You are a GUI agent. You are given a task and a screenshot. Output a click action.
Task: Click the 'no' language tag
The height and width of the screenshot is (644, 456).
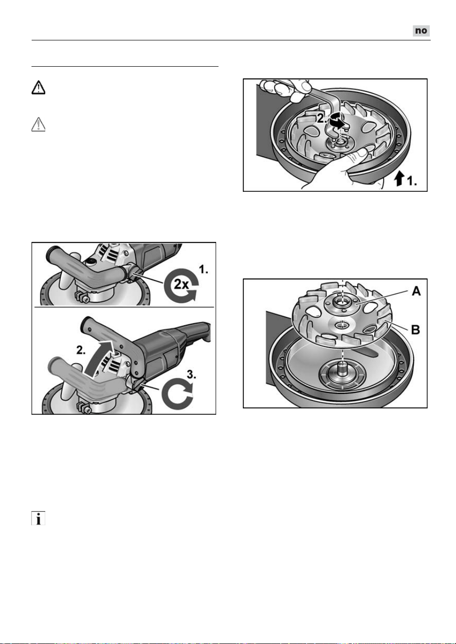421,31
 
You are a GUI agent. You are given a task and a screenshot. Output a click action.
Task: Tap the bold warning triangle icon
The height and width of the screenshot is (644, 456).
38,88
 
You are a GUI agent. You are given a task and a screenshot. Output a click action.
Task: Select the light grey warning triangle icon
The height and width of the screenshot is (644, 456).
38,125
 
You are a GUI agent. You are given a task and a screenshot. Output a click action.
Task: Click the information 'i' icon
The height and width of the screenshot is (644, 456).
38,518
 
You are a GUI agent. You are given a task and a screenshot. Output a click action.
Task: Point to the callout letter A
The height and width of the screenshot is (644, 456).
416,292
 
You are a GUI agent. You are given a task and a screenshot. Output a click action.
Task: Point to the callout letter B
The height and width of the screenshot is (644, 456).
416,330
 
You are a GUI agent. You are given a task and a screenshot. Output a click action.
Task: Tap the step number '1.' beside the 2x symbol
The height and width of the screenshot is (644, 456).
203,269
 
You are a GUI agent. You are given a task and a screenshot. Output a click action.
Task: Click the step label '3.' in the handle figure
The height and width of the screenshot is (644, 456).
191,375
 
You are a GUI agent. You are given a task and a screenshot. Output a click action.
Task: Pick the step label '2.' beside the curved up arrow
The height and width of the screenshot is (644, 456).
81,350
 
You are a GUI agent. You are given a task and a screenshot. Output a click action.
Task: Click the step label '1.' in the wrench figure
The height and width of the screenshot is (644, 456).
412,181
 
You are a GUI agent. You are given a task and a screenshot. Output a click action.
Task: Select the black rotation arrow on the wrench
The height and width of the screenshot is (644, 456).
336,120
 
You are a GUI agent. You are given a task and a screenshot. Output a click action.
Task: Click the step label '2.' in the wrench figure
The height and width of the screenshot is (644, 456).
322,118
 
